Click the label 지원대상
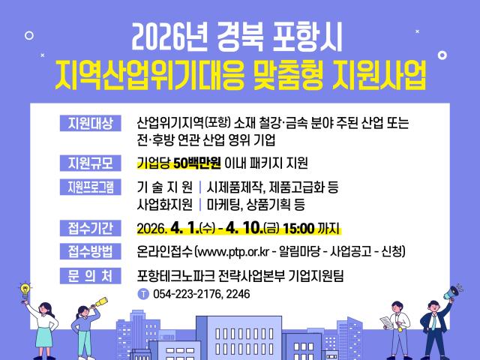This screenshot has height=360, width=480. coord(89,123)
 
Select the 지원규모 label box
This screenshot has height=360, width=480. coord(89,162)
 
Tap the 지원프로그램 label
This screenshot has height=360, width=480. coord(89,187)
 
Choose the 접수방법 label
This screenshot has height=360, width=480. coord(89,251)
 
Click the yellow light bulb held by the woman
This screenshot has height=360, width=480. coord(24,288)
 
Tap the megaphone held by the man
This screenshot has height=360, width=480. coord(454,290)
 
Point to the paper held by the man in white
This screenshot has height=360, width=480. coord(384,321)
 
